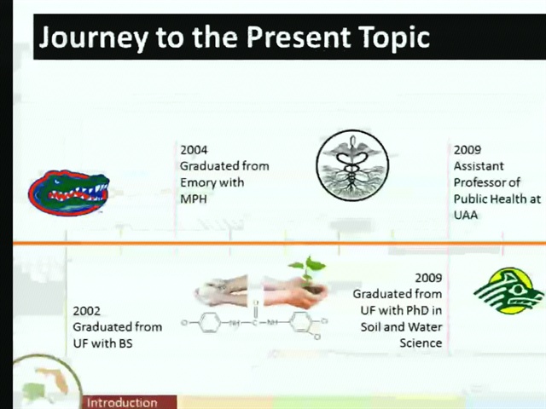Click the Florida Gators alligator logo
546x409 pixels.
click(x=68, y=193)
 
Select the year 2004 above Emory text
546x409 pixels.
click(x=194, y=150)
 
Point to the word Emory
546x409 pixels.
click(x=197, y=183)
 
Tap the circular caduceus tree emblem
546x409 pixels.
click(x=352, y=165)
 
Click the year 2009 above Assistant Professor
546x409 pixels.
click(x=468, y=150)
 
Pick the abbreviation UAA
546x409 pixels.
click(x=466, y=215)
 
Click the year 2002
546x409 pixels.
click(x=86, y=310)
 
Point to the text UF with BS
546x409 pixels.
click(x=102, y=343)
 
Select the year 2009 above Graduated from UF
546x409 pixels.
click(x=428, y=278)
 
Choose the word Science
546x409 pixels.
click(x=421, y=343)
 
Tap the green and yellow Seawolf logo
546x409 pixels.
click(x=508, y=291)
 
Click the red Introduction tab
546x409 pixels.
click(x=130, y=402)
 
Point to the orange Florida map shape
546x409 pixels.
click(x=55, y=380)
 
